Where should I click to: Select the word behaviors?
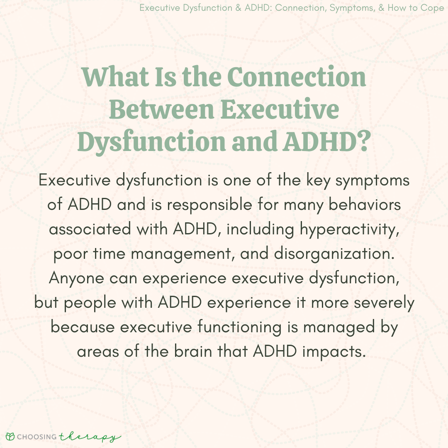coord(365,205)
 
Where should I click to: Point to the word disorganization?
coord(334,254)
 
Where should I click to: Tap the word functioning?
coord(239,327)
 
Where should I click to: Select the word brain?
coord(193,351)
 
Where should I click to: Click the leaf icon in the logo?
coord(10,436)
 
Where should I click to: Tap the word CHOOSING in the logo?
coord(37,436)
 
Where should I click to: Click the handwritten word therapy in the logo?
coord(90,437)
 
